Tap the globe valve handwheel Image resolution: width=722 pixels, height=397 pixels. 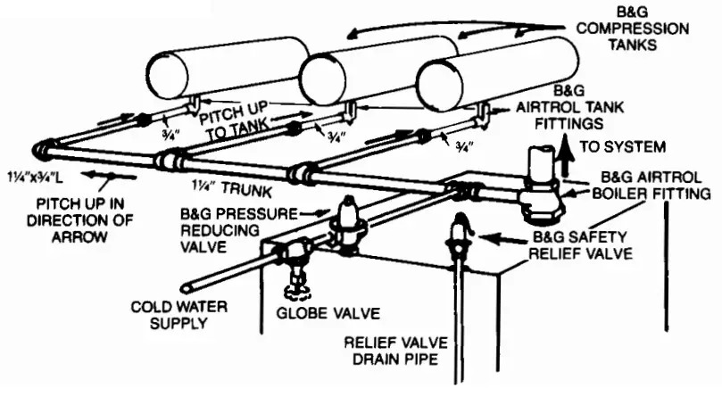291,289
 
